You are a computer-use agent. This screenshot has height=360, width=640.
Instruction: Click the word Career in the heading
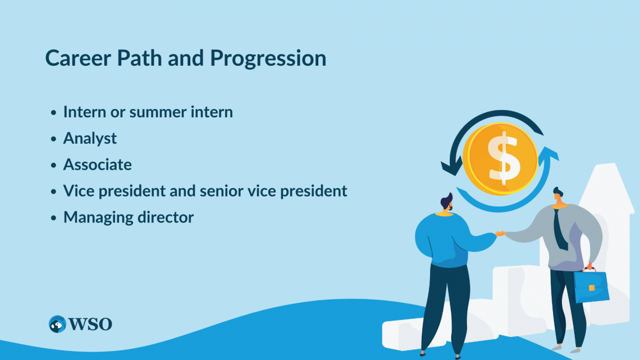pos(78,58)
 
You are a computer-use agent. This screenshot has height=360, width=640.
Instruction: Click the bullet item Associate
pos(97,165)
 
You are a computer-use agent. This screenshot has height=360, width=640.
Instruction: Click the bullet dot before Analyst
pos(53,139)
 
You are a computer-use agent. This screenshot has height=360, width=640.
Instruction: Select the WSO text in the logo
pos(90,324)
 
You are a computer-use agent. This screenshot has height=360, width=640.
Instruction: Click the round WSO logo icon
pos(57,324)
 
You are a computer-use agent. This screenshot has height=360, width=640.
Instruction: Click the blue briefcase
pos(591,286)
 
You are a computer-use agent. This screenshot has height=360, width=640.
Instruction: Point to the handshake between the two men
pos(500,234)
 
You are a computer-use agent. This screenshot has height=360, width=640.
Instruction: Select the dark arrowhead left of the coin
pos(451,168)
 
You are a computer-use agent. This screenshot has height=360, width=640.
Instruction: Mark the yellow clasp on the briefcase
pos(591,288)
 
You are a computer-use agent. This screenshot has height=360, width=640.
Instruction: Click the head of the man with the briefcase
pos(558,195)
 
